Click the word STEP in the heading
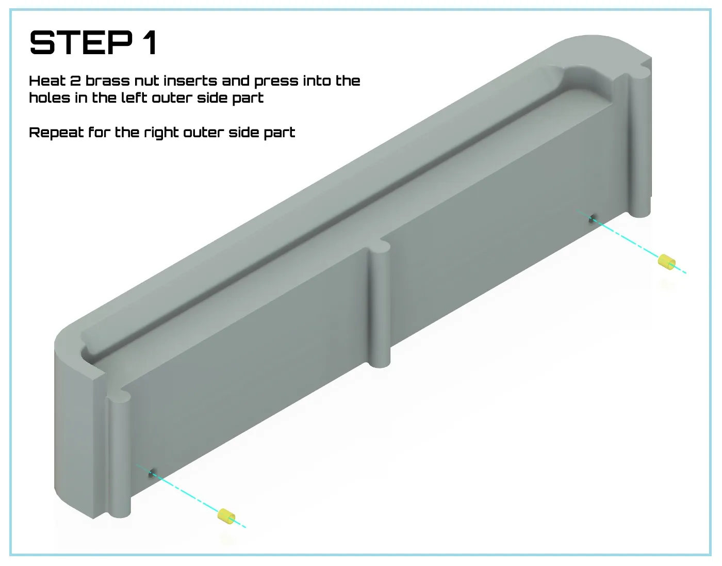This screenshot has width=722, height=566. [81, 42]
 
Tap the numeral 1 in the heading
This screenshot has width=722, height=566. [151, 42]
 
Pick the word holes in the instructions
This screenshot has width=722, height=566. [50, 98]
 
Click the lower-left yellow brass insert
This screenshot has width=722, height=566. [226, 516]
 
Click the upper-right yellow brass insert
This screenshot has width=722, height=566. [666, 262]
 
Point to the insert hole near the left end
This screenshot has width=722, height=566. [152, 473]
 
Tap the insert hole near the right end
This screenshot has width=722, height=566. [592, 219]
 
